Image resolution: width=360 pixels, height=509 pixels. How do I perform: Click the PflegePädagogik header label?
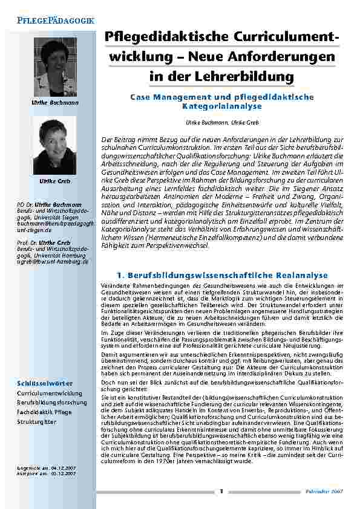(x=55, y=20)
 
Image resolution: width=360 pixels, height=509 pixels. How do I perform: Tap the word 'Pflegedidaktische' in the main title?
(x=155, y=39)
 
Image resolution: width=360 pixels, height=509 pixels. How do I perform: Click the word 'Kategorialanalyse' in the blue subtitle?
(x=221, y=106)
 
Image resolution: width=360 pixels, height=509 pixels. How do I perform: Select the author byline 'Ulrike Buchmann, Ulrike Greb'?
(x=221, y=122)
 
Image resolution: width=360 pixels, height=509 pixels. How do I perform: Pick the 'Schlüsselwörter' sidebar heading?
(x=45, y=383)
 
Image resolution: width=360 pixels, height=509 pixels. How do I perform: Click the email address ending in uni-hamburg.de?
(x=53, y=262)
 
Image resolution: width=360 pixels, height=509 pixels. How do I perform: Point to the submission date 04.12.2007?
(x=64, y=468)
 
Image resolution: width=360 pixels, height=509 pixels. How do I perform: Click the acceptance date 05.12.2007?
(x=64, y=474)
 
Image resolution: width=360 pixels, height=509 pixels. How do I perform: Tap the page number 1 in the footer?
(x=222, y=491)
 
